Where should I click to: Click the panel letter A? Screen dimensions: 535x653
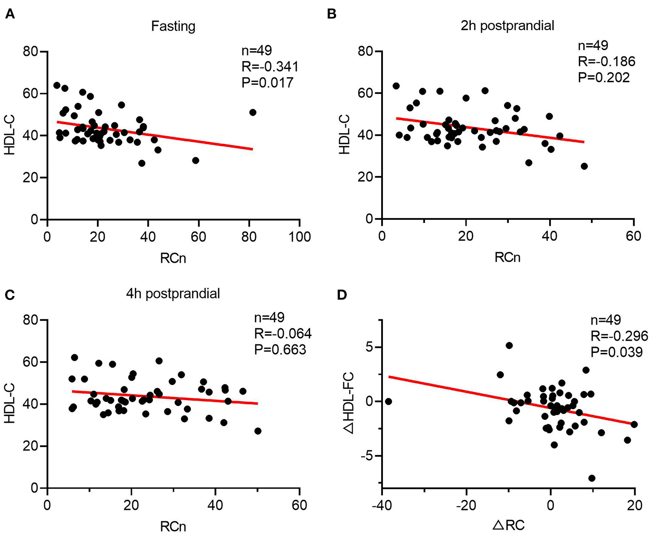[x=9, y=14]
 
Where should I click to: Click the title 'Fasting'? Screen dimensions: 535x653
[x=173, y=26]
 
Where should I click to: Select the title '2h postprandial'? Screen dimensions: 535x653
[x=507, y=26]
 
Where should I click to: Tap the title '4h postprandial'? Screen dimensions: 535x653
[x=173, y=294]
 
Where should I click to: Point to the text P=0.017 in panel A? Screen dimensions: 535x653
[x=267, y=82]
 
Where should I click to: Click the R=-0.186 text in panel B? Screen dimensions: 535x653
[x=606, y=62]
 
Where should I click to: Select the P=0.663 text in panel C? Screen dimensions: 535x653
[x=280, y=350]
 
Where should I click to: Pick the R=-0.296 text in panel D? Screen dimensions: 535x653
[x=619, y=336]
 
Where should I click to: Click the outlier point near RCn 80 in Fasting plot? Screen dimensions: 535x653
[x=253, y=112]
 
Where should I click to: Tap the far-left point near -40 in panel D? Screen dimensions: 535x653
[x=388, y=401]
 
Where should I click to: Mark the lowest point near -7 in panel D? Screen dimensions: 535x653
[x=591, y=478]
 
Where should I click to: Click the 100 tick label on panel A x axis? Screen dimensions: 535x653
[x=299, y=236]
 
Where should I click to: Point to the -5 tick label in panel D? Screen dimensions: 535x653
[x=368, y=456]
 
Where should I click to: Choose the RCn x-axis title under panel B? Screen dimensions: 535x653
[x=507, y=258]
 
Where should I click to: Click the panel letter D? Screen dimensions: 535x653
[x=342, y=295]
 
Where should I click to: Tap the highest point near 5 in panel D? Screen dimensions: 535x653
[x=509, y=345]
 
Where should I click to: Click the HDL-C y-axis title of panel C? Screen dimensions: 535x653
[x=10, y=404]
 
